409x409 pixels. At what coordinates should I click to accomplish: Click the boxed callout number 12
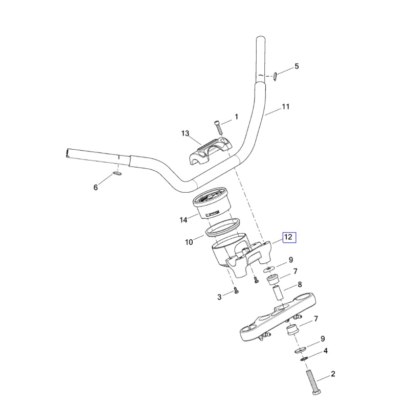click(x=289, y=237)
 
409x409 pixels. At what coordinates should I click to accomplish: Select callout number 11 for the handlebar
click(x=285, y=107)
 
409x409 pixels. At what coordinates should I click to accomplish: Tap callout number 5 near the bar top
click(x=297, y=66)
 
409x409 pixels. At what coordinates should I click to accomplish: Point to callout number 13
click(x=185, y=133)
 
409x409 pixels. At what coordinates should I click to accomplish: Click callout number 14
click(x=184, y=220)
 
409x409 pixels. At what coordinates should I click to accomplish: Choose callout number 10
click(x=189, y=242)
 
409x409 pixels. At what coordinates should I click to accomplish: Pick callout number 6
click(x=95, y=188)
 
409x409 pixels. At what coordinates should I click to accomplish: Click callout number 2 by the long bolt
click(x=333, y=374)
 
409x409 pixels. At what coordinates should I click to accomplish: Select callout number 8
click(x=300, y=284)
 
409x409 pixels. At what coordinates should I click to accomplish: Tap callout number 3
click(x=219, y=297)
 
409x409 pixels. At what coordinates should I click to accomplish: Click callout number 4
click(x=325, y=351)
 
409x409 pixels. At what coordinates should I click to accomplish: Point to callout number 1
click(x=236, y=117)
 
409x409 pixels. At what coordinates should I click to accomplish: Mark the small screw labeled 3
click(x=235, y=291)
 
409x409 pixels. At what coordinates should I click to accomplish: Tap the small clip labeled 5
click(x=275, y=76)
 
